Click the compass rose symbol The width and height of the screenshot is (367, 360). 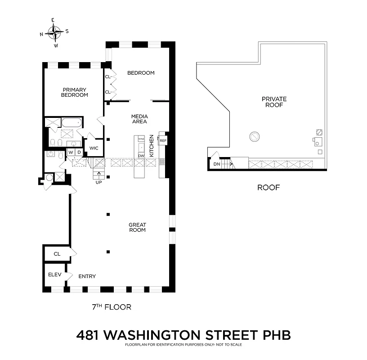[54, 32]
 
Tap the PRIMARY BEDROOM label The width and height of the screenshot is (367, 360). [75, 92]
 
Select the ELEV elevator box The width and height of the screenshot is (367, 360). [54, 274]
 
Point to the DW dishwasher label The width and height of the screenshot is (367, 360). [141, 156]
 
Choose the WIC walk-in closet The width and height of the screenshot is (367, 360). [94, 148]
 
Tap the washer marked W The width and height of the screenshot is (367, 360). [71, 153]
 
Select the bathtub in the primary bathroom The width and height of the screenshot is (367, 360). [72, 122]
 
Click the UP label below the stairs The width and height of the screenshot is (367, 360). [98, 182]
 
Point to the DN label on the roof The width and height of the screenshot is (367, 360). [217, 164]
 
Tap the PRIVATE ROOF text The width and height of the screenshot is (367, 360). [274, 102]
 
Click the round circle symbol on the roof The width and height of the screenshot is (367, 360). [255, 135]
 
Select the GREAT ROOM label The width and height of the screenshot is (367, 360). [137, 227]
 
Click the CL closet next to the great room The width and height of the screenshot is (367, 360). [57, 254]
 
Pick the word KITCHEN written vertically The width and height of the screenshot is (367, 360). [152, 145]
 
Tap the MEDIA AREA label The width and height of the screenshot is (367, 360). [139, 119]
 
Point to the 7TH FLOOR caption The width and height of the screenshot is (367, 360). [111, 307]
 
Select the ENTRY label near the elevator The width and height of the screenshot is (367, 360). [87, 276]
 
